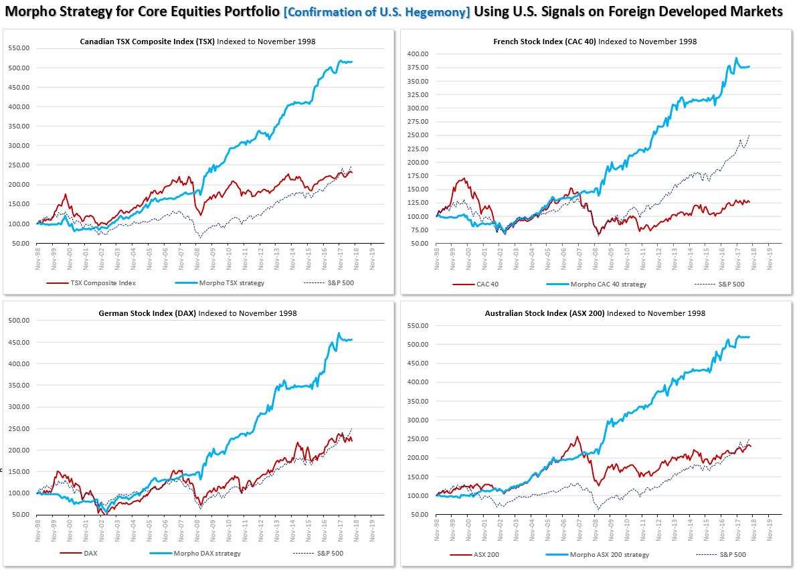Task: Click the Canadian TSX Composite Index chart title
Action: click(197, 42)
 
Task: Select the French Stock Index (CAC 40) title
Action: click(594, 42)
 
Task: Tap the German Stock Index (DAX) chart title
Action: click(197, 313)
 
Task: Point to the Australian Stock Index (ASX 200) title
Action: click(594, 313)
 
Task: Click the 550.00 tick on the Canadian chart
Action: click(19, 48)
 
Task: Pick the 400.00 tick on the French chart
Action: click(419, 54)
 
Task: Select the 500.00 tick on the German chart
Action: click(19, 321)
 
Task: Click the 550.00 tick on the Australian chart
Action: click(419, 325)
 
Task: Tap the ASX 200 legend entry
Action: click(487, 555)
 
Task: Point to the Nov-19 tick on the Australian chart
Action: click(770, 528)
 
